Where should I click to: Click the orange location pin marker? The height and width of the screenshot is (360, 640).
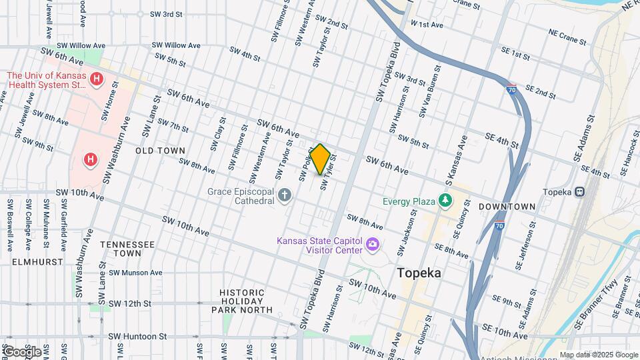320,159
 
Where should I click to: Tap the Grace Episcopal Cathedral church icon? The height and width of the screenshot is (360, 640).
285,195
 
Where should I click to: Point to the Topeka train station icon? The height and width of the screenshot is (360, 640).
580,192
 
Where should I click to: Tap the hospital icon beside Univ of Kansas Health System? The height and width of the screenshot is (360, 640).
97,80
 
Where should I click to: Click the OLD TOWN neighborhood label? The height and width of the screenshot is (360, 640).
160,151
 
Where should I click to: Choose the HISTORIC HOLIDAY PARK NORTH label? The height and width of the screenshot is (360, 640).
246,301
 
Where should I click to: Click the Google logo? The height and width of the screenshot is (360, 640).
21,351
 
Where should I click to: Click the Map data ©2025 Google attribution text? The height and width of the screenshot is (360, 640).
598,355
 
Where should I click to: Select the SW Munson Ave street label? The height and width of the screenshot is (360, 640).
136,273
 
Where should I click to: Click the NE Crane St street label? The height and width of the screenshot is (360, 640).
567,37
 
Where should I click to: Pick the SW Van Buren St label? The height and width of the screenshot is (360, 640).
430,91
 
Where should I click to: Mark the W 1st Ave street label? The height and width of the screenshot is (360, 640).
427,25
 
